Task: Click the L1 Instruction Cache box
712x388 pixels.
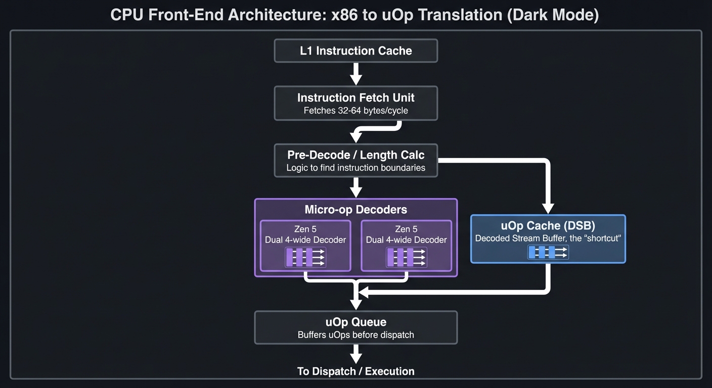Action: tap(355, 51)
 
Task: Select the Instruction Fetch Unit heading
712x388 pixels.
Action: tap(355, 98)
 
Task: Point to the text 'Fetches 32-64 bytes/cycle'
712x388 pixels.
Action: tap(355, 111)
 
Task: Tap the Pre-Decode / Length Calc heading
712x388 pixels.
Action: tap(355, 155)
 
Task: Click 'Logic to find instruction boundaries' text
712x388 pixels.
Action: tap(355, 168)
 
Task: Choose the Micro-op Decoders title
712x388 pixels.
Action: tap(355, 210)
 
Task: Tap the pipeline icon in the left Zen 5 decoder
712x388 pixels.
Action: tap(305, 257)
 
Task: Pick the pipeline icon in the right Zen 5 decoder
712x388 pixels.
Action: tap(406, 257)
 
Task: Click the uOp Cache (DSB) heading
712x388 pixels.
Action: tap(548, 226)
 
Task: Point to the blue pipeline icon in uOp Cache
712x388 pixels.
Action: tap(548, 252)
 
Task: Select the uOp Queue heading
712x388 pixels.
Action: tap(355, 322)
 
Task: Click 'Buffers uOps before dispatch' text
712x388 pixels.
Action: tap(355, 335)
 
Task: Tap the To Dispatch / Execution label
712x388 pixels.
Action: tap(355, 371)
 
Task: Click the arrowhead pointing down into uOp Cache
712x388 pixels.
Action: tap(548, 208)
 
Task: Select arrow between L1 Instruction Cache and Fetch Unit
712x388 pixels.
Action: tap(356, 74)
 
